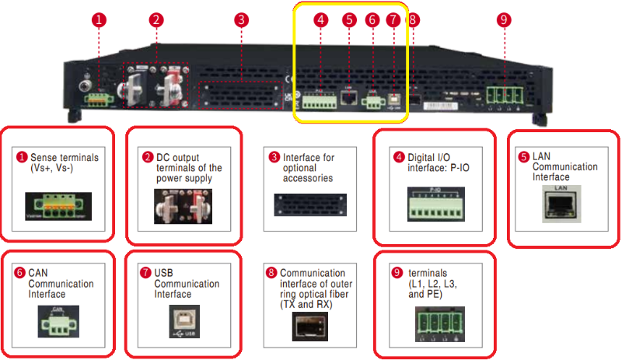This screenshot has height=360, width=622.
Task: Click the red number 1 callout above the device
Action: (98, 20)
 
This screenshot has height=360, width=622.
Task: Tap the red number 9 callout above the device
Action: (504, 20)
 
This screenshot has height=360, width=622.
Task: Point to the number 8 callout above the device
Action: (413, 20)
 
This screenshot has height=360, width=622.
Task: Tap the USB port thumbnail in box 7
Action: (183, 323)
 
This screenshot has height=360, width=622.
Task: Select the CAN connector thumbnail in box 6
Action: (58, 319)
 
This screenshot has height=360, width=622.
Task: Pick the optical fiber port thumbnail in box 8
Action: (309, 328)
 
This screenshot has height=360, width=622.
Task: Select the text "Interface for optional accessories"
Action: (309, 167)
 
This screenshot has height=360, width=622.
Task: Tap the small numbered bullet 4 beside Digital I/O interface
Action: (399, 158)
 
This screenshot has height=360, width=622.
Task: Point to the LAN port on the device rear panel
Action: (349, 98)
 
